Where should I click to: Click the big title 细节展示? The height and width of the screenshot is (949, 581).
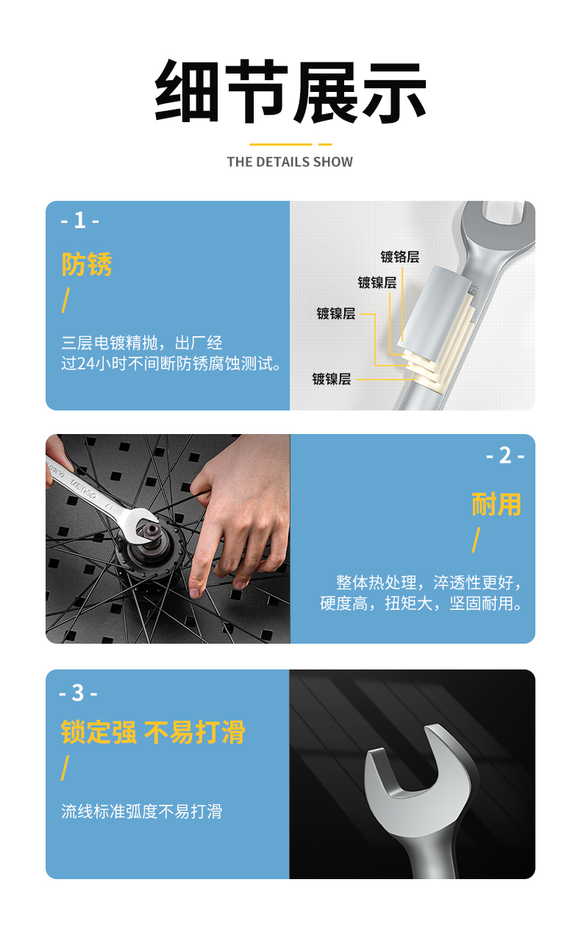click(290, 91)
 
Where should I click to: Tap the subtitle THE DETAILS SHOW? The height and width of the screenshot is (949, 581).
click(290, 162)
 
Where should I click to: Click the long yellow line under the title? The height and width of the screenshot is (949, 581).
click(280, 144)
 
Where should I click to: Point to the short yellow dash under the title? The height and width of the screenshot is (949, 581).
click(325, 144)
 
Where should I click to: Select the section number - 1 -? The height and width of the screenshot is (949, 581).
click(79, 220)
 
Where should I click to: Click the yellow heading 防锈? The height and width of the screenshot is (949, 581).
click(87, 264)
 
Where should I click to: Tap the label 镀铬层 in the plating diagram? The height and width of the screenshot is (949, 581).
click(400, 257)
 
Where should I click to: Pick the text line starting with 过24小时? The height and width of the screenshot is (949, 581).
click(171, 363)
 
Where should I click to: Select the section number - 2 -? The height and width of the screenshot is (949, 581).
click(505, 456)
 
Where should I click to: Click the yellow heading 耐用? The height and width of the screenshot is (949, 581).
click(496, 504)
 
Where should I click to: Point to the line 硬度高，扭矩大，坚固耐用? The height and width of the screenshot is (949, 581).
click(421, 603)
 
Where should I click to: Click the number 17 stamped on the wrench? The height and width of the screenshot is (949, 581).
click(109, 505)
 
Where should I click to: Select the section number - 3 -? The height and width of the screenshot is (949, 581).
click(79, 694)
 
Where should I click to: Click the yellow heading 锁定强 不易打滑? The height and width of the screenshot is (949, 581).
click(153, 732)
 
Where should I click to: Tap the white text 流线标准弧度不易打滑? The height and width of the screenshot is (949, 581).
click(142, 811)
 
